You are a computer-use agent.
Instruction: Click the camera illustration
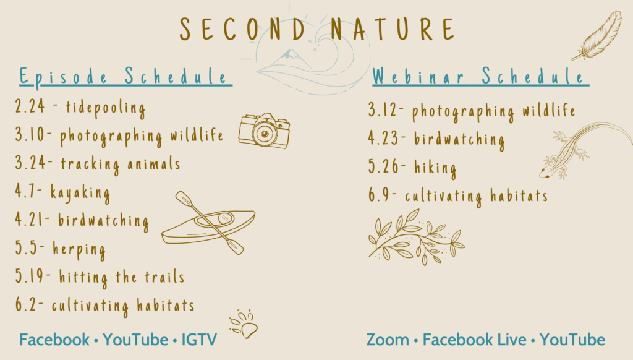(x=264, y=131)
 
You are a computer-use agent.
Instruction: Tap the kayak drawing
(x=209, y=223)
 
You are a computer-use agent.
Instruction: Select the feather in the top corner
(x=597, y=36)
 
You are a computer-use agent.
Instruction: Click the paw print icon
(x=244, y=324)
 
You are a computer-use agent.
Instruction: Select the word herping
(x=79, y=250)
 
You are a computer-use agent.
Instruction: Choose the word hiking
(x=435, y=168)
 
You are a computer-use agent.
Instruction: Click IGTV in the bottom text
(x=199, y=340)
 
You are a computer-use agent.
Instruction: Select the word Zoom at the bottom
(x=388, y=340)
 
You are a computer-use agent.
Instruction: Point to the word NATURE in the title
(x=393, y=29)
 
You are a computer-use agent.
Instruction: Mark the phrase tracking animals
(x=121, y=165)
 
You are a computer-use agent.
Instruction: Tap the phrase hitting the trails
(x=122, y=277)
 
